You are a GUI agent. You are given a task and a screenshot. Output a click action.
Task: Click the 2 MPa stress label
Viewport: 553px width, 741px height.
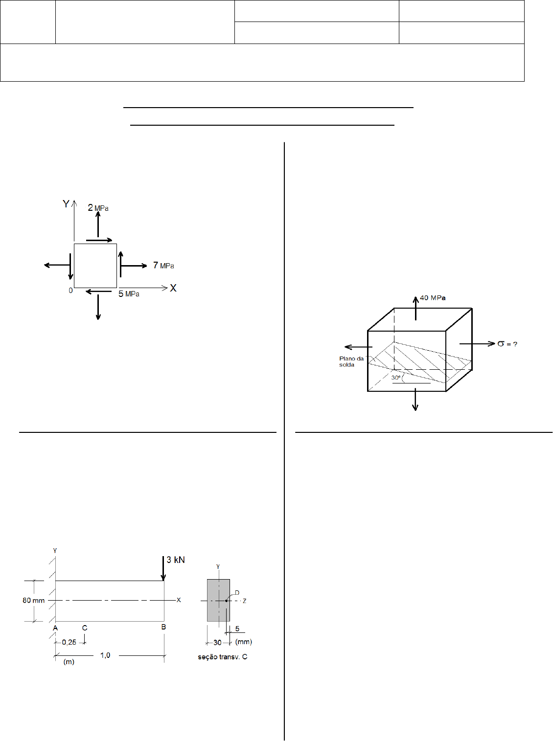point(98,207)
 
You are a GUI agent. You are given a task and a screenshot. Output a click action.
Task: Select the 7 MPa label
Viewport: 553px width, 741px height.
point(163,266)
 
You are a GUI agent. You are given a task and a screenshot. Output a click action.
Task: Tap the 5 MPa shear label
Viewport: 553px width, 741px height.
point(129,293)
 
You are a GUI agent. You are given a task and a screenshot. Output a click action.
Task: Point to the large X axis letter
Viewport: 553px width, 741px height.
point(173,288)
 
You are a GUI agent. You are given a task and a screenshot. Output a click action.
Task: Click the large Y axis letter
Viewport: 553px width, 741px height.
point(66,204)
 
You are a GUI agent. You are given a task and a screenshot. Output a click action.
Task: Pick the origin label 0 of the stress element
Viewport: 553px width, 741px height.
point(70,291)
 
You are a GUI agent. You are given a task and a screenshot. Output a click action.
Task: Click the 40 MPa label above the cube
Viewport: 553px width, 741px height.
point(433,298)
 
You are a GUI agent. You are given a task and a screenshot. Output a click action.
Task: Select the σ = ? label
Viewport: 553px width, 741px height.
point(507,344)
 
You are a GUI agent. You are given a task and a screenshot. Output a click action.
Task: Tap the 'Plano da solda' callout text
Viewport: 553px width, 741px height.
point(351,361)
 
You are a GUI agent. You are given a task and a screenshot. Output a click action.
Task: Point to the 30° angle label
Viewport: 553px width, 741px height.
point(396,378)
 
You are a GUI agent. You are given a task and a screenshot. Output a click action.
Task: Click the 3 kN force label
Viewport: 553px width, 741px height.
point(176,560)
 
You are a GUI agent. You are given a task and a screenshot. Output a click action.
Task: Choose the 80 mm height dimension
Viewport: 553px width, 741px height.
point(33,600)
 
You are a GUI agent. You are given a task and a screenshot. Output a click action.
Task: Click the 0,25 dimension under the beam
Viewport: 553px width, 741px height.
point(69,642)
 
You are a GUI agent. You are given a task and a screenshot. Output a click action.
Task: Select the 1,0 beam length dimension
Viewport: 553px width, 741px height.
point(105,655)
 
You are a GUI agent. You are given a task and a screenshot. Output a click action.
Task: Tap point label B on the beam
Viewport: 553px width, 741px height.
point(163,627)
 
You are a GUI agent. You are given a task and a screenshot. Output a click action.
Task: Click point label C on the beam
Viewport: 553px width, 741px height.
point(85,628)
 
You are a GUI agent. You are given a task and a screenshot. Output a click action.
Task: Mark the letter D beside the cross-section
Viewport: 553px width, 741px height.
point(237,592)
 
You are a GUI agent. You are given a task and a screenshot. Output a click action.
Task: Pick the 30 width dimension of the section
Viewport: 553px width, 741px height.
point(217,642)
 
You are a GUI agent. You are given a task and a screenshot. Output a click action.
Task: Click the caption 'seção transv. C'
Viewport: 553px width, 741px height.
point(223,656)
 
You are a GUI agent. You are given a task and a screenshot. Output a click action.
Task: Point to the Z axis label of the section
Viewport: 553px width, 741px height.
point(244,601)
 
